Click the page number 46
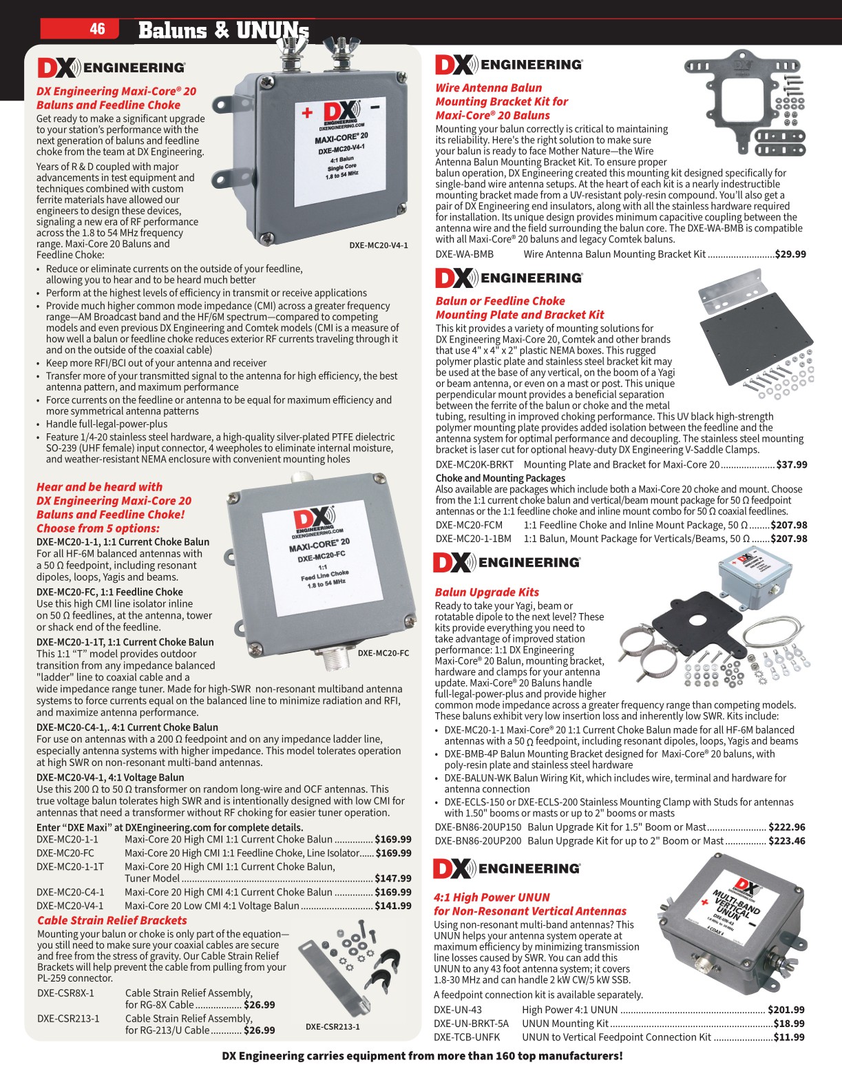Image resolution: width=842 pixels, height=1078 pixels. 97,28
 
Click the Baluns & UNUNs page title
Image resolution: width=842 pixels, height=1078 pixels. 223,30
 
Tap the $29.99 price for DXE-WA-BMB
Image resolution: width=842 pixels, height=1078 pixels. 790,254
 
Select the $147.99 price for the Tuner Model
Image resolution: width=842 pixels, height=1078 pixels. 392,878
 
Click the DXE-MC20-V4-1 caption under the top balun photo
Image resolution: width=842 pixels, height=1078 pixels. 378,245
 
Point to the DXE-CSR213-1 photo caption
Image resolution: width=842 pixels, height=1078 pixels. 333,1026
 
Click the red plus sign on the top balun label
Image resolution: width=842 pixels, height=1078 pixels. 307,113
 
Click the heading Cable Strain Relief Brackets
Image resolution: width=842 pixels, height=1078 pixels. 112,920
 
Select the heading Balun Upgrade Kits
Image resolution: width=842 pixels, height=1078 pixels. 487,592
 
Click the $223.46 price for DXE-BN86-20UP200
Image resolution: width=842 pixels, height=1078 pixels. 788,841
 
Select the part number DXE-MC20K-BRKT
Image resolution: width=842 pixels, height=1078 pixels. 474,465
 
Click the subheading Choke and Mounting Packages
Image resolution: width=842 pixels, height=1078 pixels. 500,478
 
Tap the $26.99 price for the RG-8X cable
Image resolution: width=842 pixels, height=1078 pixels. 259,1005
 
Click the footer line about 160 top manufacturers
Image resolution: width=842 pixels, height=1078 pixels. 421,1056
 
